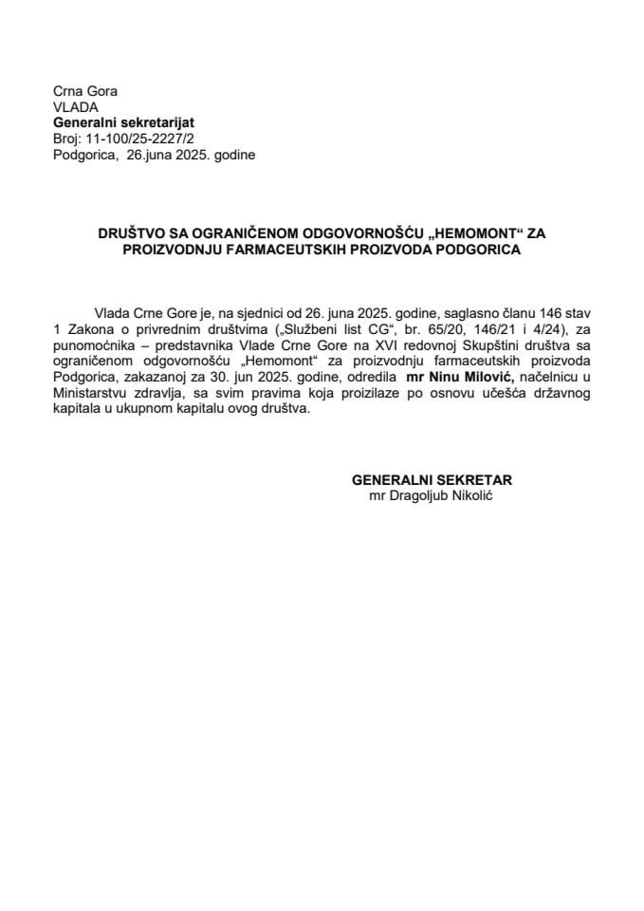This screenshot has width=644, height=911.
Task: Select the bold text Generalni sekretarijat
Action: pyautogui.click(x=116, y=122)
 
